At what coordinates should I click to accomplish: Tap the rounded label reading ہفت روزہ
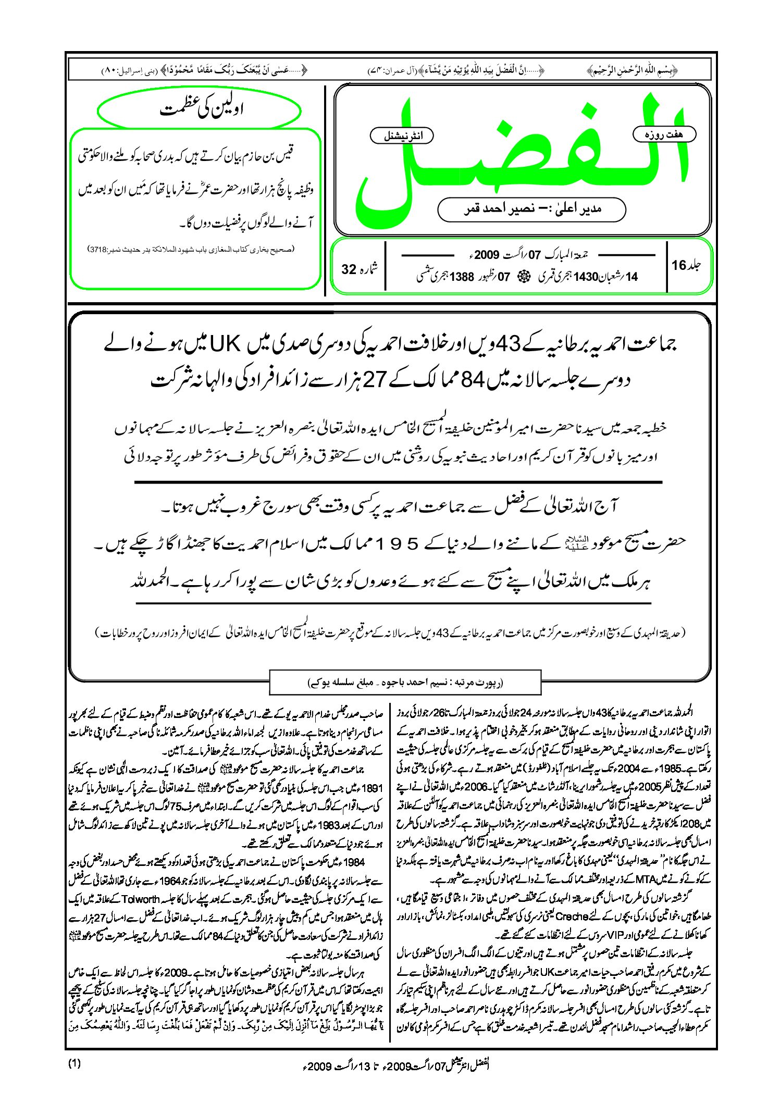pyautogui.click(x=664, y=134)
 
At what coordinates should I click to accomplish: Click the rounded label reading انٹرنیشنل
pyautogui.click(x=401, y=137)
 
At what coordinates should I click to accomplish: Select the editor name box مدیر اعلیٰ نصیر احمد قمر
pyautogui.click(x=531, y=209)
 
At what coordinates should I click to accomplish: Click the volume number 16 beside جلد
pyautogui.click(x=679, y=265)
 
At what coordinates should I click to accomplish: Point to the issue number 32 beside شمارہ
pyautogui.click(x=349, y=269)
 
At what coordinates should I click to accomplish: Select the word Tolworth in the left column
pyautogui.click(x=141, y=899)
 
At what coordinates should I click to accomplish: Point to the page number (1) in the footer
pyautogui.click(x=75, y=1063)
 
